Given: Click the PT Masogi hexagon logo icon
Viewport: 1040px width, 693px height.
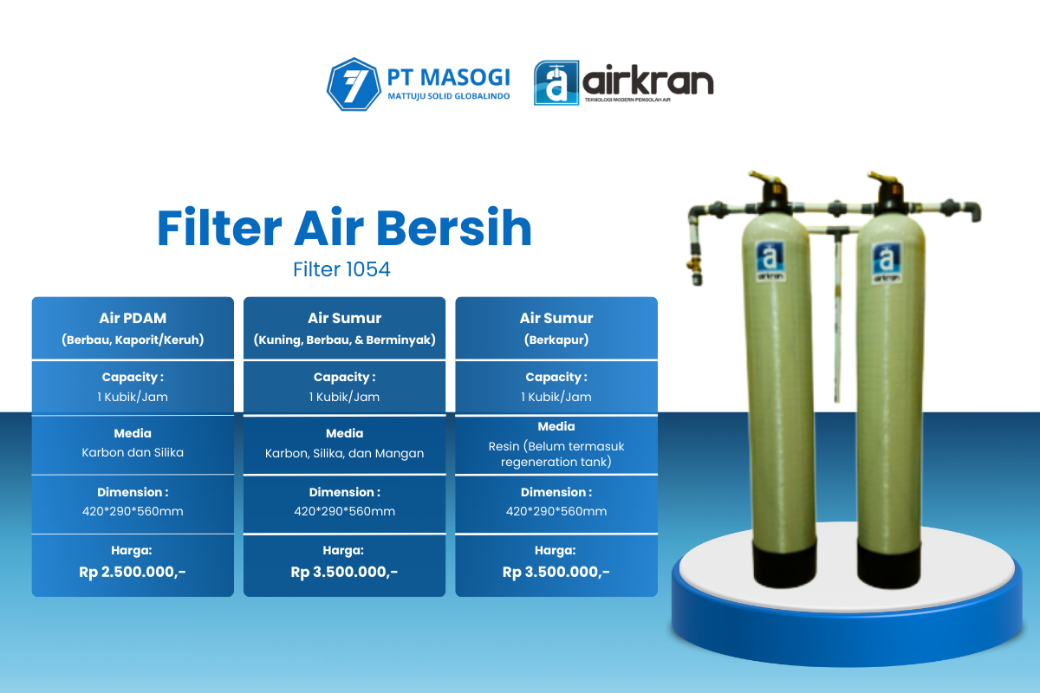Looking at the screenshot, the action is (x=354, y=84).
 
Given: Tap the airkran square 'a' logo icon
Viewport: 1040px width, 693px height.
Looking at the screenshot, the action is (x=556, y=82).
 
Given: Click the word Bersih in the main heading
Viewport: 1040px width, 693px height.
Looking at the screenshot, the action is (x=453, y=228).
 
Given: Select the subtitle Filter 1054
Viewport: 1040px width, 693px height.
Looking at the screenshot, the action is (x=341, y=269).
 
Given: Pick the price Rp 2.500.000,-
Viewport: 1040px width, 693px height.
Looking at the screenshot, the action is (x=133, y=572).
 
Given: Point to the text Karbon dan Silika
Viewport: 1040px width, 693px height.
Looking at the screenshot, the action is (x=133, y=452).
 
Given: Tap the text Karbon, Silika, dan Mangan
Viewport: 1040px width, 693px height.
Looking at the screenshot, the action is (x=345, y=453).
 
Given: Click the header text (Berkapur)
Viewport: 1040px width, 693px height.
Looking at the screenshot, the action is (x=556, y=340).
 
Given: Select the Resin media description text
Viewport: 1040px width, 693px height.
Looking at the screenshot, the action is (x=556, y=454).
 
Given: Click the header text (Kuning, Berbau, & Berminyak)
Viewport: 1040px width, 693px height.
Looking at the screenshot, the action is (x=345, y=340).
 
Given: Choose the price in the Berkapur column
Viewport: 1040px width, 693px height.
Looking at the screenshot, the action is (x=556, y=572).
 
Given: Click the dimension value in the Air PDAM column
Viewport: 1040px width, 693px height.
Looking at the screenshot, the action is (x=133, y=511).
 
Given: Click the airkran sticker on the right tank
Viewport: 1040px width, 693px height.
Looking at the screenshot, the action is (x=887, y=262).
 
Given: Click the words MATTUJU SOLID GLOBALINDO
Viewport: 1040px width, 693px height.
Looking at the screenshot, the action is (x=449, y=96).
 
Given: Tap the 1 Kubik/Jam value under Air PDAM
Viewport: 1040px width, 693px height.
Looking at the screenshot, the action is (x=133, y=397).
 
